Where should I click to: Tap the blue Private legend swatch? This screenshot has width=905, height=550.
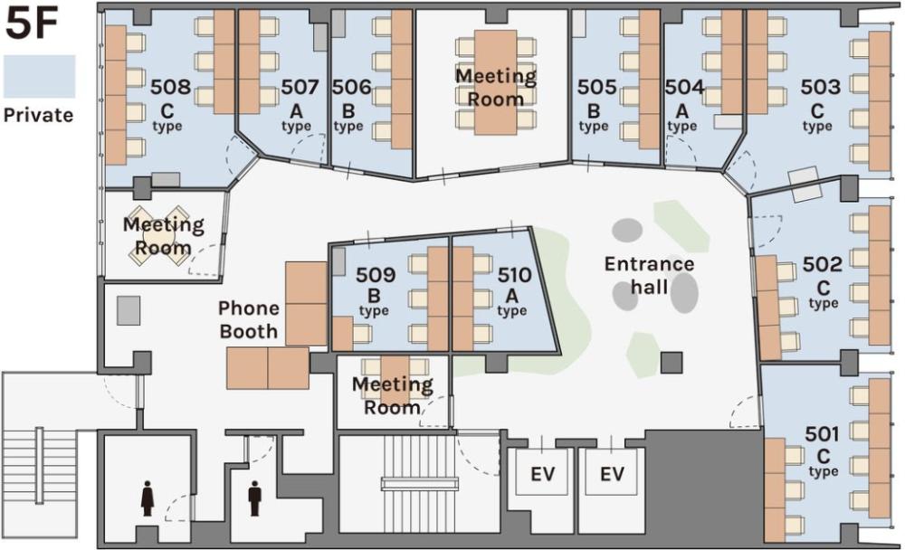[39, 76]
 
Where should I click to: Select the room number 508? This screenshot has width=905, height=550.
[170, 87]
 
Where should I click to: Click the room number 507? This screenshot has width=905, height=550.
[300, 87]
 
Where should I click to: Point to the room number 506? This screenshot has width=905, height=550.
[351, 87]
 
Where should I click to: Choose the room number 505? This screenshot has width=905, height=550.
[596, 87]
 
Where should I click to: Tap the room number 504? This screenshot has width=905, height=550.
[684, 87]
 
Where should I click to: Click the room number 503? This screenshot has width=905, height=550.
[820, 87]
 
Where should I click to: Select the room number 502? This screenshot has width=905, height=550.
[823, 264]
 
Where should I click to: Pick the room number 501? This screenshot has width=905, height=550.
[822, 433]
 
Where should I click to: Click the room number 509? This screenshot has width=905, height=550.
[376, 275]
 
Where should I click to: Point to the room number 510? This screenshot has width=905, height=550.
[514, 275]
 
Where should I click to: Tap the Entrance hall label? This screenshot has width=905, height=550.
[649, 275]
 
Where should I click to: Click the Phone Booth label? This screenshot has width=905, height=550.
[249, 319]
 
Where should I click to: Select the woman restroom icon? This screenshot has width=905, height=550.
[148, 498]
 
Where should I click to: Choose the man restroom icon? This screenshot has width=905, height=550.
[254, 498]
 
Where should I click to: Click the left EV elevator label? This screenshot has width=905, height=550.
[542, 474]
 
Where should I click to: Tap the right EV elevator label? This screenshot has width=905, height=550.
[612, 474]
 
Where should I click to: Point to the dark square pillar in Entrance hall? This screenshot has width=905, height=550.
[672, 363]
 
